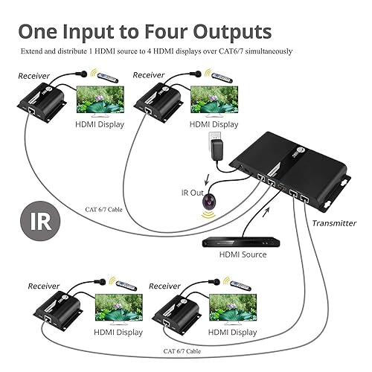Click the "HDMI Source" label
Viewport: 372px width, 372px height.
point(243,254)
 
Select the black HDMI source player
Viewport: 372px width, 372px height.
point(242,240)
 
